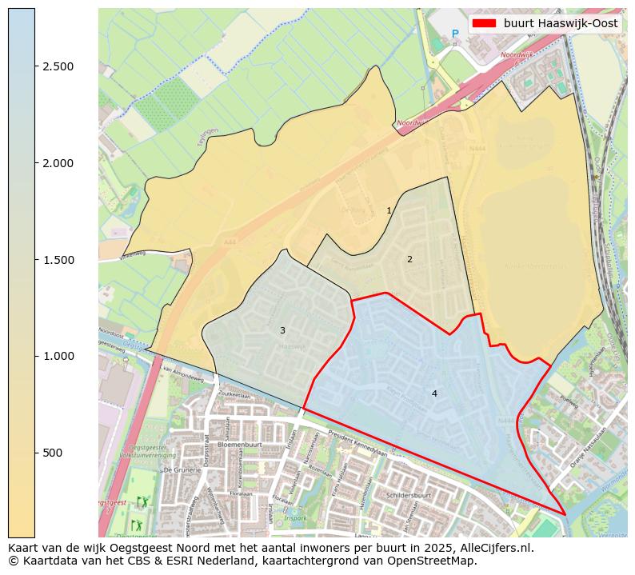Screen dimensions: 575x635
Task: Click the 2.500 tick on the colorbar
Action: (x=58, y=66)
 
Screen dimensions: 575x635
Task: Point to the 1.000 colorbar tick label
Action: (x=58, y=356)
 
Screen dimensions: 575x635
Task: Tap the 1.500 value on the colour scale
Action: (x=58, y=260)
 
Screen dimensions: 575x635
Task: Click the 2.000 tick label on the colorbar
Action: (x=58, y=163)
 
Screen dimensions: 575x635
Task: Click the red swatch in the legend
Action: (x=485, y=24)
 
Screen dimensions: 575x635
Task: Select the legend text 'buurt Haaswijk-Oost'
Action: (x=561, y=24)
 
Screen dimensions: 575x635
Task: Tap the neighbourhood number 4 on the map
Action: (x=434, y=393)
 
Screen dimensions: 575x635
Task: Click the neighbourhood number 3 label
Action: (x=282, y=330)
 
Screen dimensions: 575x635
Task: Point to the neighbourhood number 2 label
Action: (x=409, y=259)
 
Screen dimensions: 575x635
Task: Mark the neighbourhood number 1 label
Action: (x=389, y=211)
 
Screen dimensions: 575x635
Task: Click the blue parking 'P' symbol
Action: (x=455, y=34)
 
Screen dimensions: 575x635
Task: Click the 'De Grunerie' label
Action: (x=182, y=470)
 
